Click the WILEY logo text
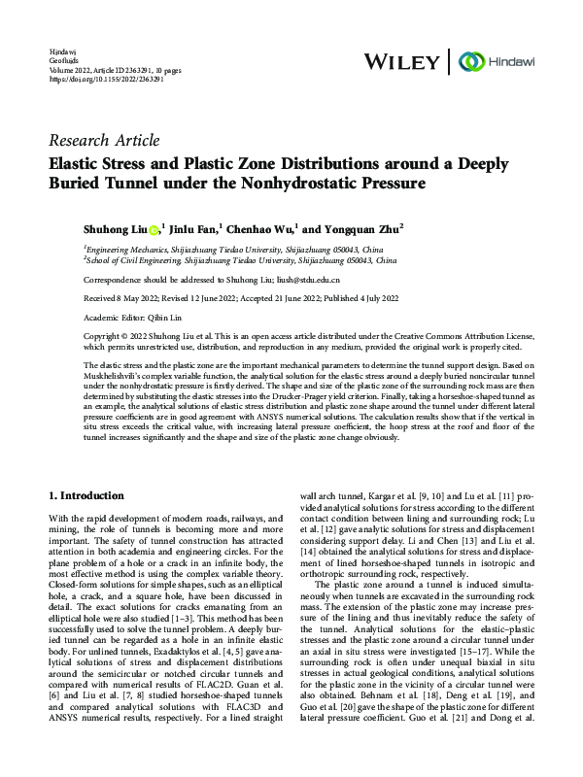401,60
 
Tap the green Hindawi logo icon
473,60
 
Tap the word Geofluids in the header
61,59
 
